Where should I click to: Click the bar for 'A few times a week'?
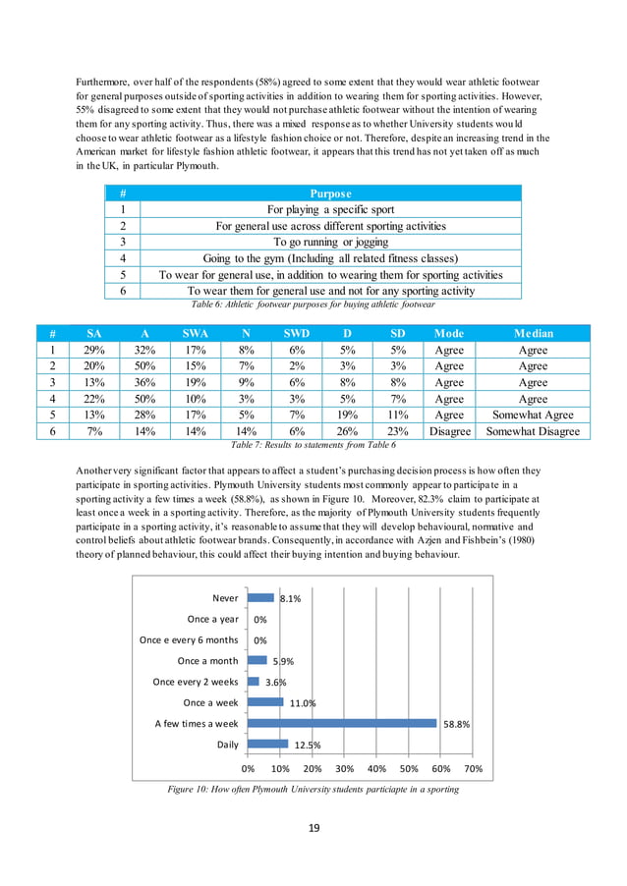click(342, 724)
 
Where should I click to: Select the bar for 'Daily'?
click(267, 745)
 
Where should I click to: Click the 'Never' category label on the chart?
click(225, 597)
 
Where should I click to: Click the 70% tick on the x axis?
click(473, 768)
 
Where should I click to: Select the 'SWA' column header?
click(195, 333)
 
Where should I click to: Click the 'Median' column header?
click(533, 333)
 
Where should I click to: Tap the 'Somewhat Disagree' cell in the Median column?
click(533, 431)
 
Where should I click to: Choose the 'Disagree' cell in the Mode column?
click(449, 431)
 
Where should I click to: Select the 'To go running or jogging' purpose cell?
click(330, 241)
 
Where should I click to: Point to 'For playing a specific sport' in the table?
click(330, 209)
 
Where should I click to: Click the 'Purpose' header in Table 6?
click(330, 194)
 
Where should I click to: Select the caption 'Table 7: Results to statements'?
click(313, 445)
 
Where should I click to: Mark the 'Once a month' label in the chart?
click(207, 661)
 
